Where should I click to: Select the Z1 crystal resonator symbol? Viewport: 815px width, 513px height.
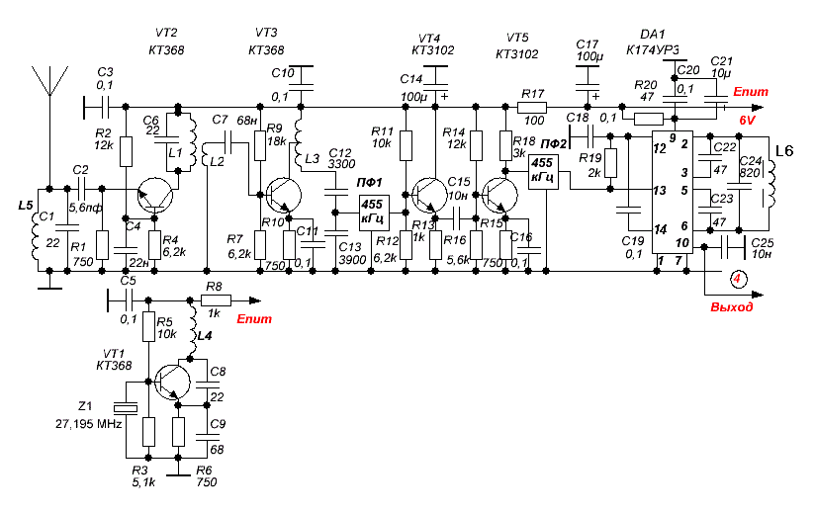(126, 409)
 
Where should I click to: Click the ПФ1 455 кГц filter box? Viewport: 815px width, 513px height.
(374, 213)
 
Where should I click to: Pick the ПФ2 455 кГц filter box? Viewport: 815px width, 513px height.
(543, 172)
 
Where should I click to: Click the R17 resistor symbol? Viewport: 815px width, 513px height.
(532, 108)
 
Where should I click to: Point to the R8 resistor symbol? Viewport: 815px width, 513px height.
(216, 300)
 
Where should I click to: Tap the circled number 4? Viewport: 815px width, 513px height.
(737, 280)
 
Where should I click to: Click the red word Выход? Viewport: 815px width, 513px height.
(731, 307)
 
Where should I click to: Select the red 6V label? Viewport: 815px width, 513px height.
(747, 121)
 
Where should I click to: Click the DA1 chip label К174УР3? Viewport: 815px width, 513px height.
(653, 50)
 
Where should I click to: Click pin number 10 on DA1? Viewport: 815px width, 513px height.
(681, 242)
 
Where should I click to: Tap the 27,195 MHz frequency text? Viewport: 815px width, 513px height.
(89, 424)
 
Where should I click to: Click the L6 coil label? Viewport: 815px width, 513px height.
(784, 151)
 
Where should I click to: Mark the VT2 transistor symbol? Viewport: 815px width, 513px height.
(155, 196)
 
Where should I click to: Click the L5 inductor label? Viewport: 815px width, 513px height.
(26, 206)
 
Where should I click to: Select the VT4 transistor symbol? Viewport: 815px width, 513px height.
(430, 195)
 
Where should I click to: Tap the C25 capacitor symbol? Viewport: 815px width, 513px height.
(733, 247)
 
